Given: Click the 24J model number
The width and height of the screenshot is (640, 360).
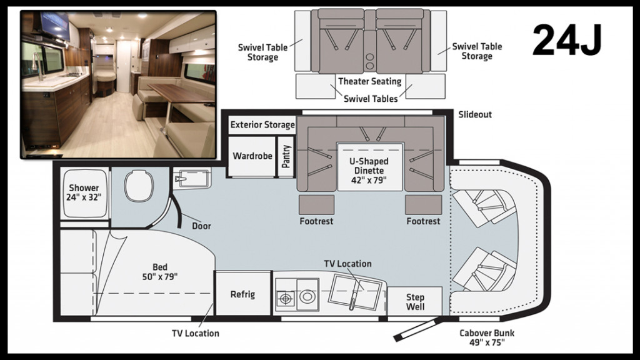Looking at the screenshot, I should [x=567, y=42].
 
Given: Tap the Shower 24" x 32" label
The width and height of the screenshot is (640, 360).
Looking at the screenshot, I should [x=84, y=192].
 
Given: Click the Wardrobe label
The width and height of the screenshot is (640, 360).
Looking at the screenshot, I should [x=252, y=156].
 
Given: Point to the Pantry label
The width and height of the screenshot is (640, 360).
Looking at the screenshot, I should [x=286, y=156].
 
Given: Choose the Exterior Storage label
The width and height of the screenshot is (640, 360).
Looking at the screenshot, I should [x=262, y=125].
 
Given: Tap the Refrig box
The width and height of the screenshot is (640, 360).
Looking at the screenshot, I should [x=242, y=294].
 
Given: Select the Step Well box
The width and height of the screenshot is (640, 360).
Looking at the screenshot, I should [x=415, y=301].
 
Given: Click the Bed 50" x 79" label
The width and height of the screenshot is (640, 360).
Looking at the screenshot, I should [x=161, y=272].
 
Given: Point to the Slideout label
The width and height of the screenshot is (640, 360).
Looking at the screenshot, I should [x=475, y=114].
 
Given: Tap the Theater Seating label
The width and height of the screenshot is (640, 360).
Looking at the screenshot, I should [x=370, y=81].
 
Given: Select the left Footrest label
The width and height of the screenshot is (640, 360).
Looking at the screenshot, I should [x=317, y=221].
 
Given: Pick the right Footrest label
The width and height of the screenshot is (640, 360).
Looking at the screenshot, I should [x=423, y=221].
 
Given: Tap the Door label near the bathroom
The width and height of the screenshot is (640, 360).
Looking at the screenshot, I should [x=201, y=226].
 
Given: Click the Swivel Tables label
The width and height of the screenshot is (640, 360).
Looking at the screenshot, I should [x=371, y=98].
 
